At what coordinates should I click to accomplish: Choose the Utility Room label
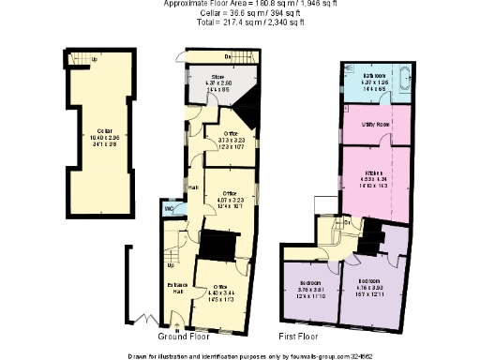point(376,123)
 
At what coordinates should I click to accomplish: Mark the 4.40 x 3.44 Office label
point(222,287)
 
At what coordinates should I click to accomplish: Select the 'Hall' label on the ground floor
point(192,187)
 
